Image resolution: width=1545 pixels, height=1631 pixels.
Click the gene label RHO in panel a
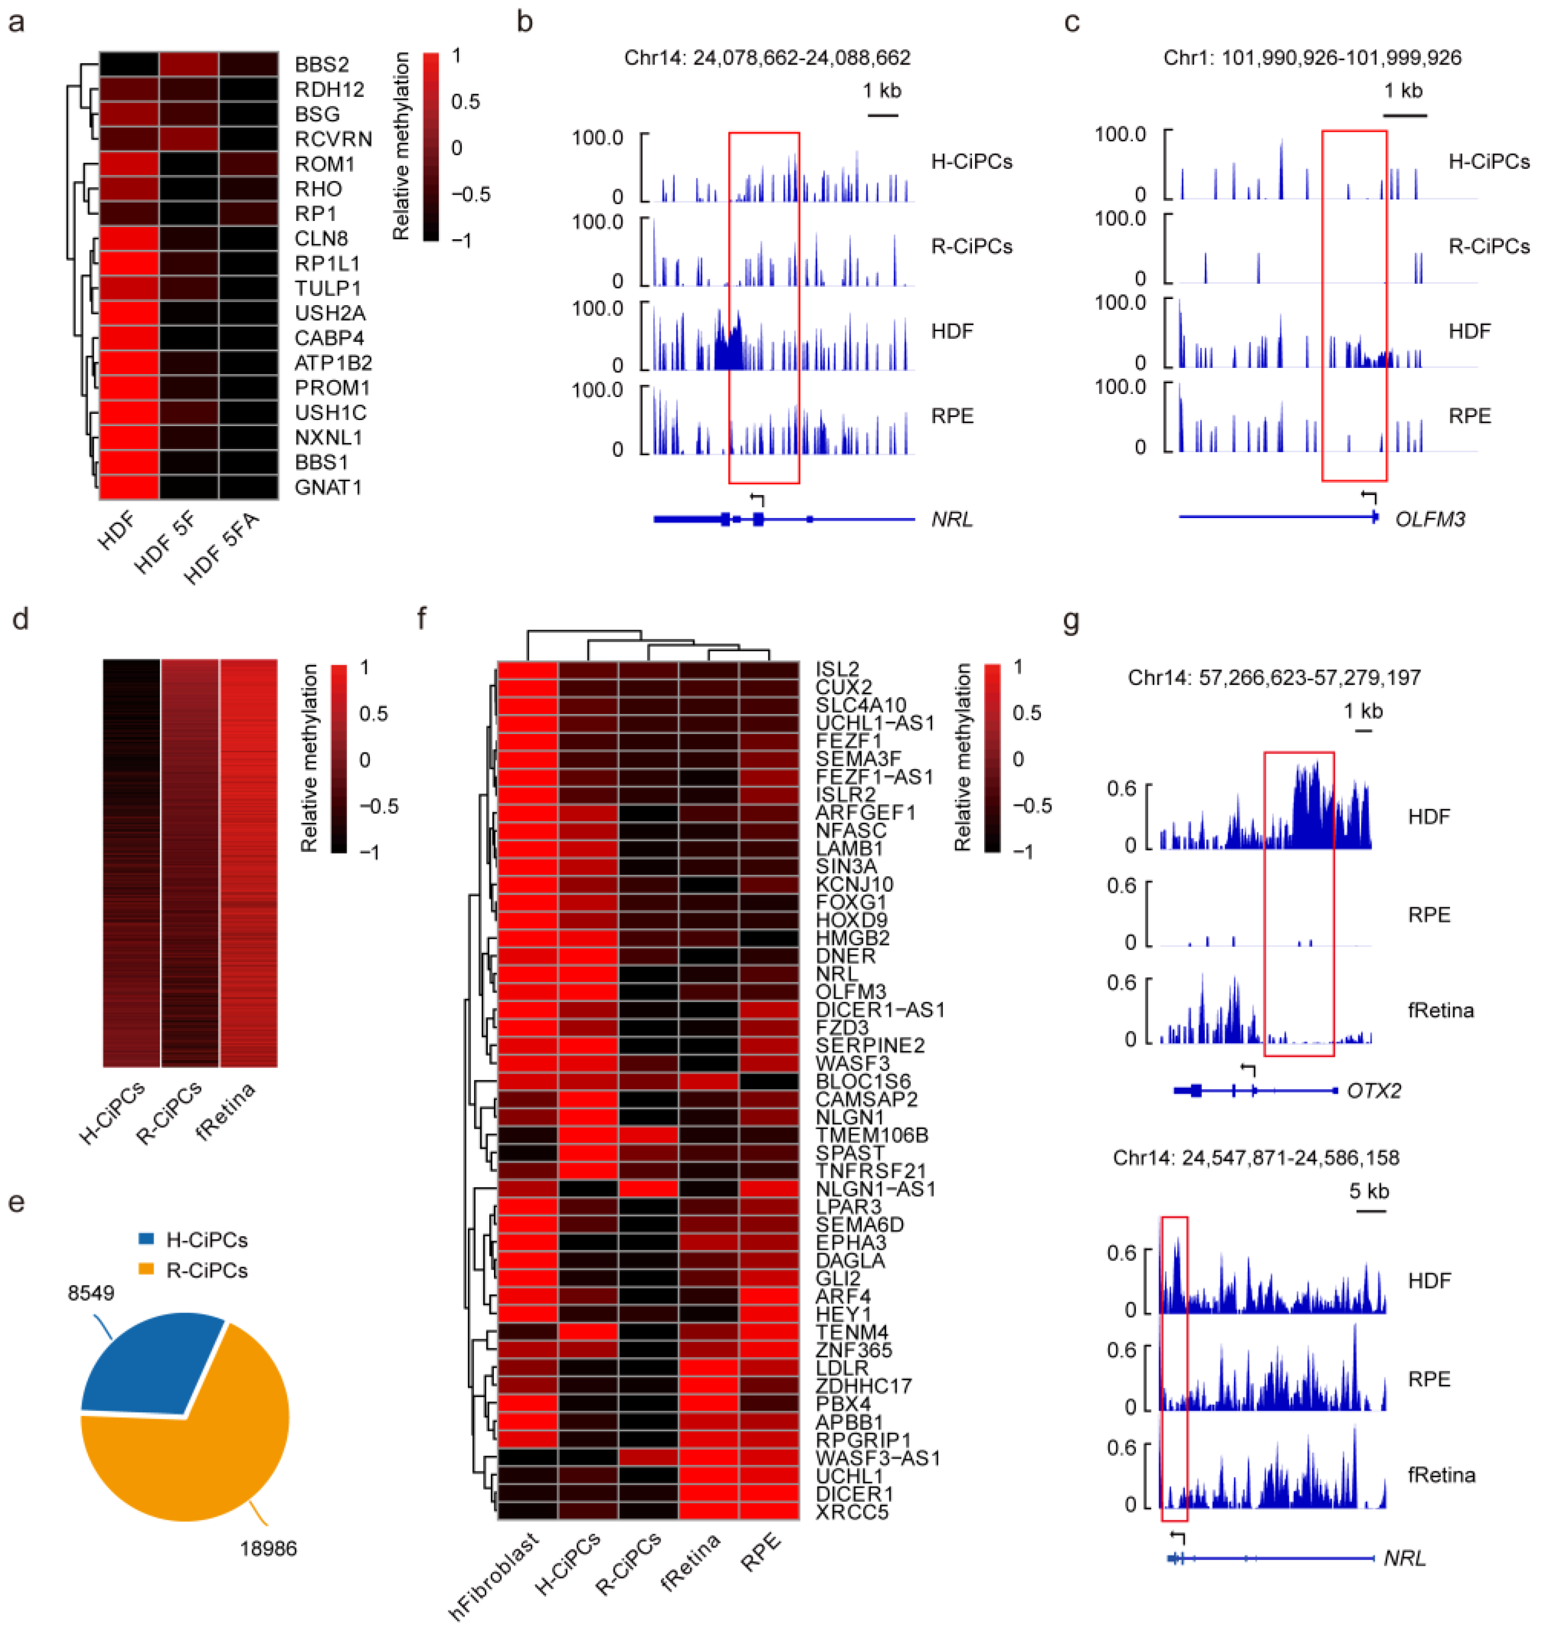pos(318,189)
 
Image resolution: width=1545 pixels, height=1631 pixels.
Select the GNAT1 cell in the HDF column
pos(129,487)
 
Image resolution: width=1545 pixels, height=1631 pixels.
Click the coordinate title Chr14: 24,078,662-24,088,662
pos(767,58)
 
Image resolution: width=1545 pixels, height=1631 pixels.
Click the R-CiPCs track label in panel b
pos(971,246)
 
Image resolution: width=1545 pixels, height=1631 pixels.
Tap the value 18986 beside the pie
pos(268,1549)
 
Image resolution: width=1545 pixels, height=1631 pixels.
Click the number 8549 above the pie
pos(91,1293)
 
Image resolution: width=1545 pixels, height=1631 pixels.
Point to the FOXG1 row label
pos(851,902)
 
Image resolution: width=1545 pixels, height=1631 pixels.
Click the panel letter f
pos(421,618)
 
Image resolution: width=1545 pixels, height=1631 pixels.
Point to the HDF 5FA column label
pos(221,548)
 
